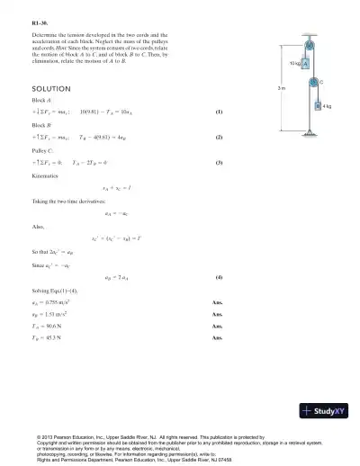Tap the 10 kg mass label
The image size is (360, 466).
coord(294,65)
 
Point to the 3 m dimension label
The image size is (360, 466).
coord(282,88)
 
